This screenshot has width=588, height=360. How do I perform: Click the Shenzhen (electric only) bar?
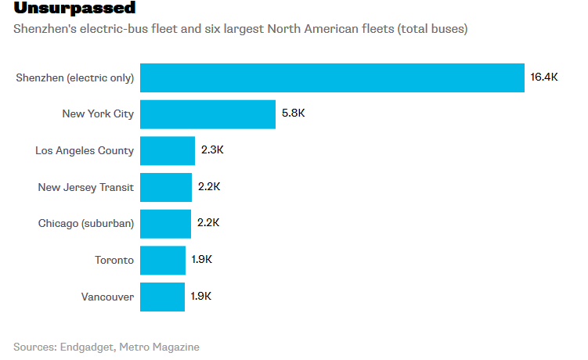coord(332,77)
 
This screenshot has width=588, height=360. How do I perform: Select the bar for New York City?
coord(207,114)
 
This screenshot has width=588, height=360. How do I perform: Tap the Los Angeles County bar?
coord(168,150)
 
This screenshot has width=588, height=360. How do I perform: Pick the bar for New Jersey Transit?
coord(166,187)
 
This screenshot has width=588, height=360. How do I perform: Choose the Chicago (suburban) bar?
coord(166,223)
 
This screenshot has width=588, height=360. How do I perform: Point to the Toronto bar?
coord(163,260)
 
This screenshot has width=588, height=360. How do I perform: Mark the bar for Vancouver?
coord(163,297)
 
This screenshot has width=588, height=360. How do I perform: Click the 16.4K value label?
coord(544,77)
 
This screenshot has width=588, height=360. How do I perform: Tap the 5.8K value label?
coord(293,114)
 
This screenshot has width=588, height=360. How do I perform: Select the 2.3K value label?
coord(212,150)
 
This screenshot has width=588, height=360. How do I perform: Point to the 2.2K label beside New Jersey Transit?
coord(209,187)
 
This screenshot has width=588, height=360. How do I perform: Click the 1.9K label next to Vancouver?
coord(201,297)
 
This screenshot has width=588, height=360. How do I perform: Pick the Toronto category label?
coord(114,260)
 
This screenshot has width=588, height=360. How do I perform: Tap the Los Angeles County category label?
coord(85,150)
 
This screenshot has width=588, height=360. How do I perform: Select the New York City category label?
coord(98,114)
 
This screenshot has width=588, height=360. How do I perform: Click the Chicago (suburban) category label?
coord(86,223)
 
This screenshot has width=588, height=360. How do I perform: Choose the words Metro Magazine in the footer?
coord(159,347)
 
